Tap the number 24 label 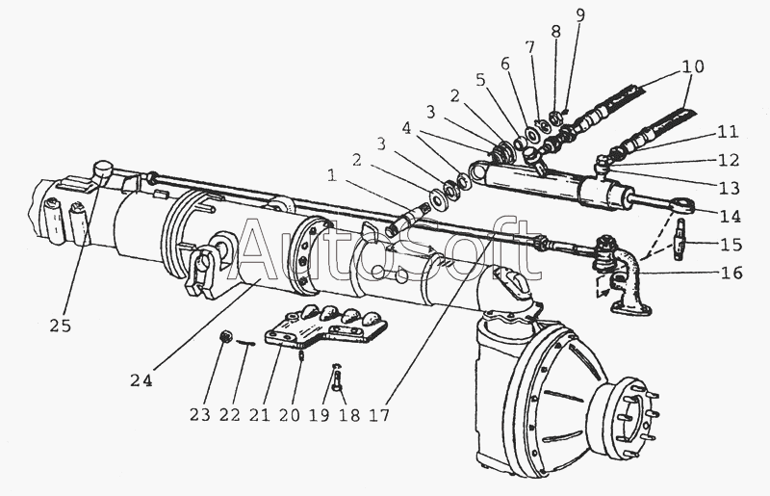(141, 379)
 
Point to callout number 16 (731, 273)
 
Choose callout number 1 (331, 175)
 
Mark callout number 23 (199, 416)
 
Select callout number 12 (728, 160)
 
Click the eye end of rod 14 (690, 203)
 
